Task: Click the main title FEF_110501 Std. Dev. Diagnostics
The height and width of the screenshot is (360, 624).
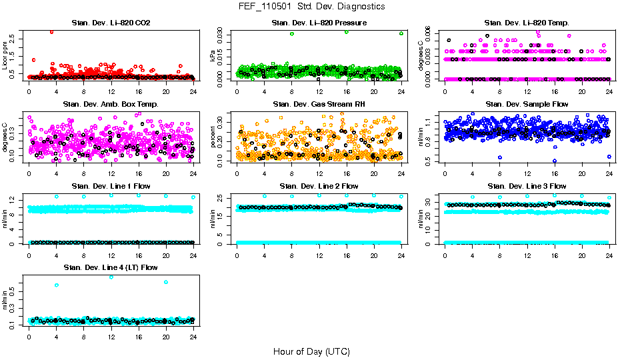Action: pos(311,6)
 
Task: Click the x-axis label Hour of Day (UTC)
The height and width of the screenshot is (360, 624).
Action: pos(311,351)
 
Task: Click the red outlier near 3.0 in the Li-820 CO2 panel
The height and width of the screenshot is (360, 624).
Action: pos(52,31)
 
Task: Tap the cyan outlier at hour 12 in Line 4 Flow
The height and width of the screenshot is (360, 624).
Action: pos(111,277)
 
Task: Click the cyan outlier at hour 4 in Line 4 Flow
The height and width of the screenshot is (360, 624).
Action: pos(57,285)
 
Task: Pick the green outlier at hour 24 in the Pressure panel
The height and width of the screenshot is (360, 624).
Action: pos(401,33)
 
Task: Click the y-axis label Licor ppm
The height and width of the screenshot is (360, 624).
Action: pos(5,56)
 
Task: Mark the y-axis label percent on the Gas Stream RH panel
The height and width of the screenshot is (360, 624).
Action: pos(213,138)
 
